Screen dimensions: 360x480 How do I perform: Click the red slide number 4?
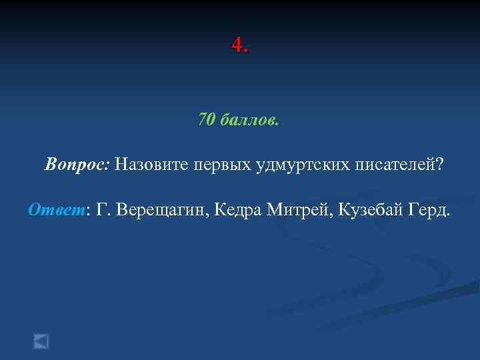(x=237, y=45)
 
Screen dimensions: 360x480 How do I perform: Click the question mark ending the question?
(x=439, y=165)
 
